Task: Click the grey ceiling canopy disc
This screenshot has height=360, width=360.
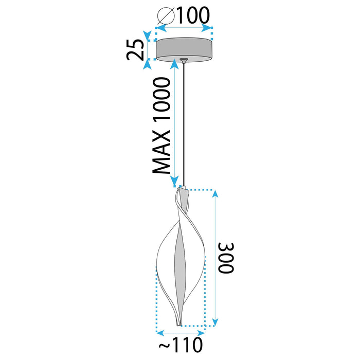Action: (185, 49)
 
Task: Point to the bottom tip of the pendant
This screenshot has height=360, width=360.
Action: (178, 323)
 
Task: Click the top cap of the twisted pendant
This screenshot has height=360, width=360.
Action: (181, 191)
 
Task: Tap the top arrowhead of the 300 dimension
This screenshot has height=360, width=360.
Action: (215, 193)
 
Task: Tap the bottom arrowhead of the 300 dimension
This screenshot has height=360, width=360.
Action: (215, 322)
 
